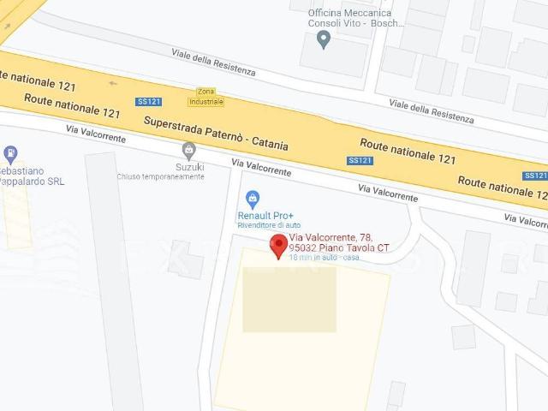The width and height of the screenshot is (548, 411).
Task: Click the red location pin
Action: click(278, 246)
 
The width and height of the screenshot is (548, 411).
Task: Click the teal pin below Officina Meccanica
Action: click(324, 39)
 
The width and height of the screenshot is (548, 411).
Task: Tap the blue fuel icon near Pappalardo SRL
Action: click(10, 155)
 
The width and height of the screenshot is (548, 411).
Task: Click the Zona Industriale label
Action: click(205, 96)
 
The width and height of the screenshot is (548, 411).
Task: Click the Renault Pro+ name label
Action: click(265, 216)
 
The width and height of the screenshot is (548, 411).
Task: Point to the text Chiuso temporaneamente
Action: click(161, 177)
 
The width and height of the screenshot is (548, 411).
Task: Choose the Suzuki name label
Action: click(189, 167)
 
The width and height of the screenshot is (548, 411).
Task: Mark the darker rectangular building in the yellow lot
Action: click(289, 299)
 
